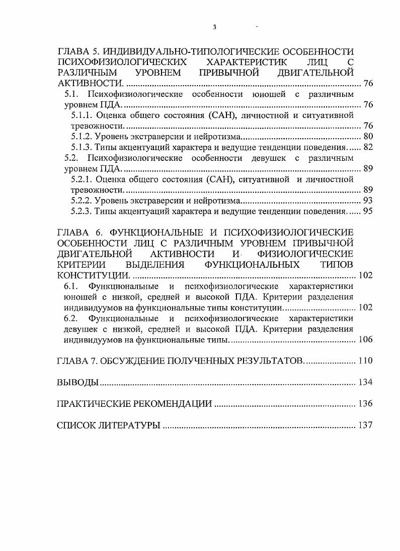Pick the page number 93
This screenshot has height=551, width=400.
367,201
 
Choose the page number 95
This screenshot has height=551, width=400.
367,211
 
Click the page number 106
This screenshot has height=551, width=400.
365,340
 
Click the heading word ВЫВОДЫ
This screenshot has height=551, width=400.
77,383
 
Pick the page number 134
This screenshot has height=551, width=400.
365,383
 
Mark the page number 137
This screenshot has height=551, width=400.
365,425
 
